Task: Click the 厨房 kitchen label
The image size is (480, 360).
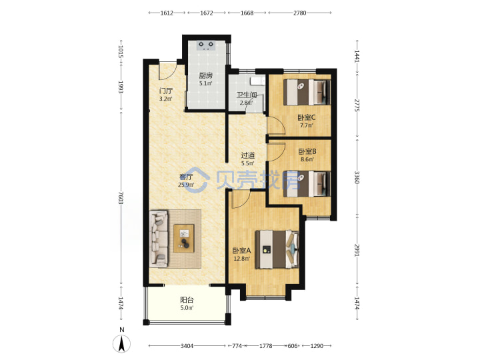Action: coord(206,75)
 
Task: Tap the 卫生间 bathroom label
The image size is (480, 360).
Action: coord(246,95)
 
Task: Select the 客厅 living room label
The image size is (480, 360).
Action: coord(186,177)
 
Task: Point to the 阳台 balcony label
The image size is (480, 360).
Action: coord(187,300)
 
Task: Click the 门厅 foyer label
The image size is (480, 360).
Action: coord(165,91)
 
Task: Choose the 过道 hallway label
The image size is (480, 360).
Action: coord(247,155)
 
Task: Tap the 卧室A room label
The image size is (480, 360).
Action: coord(241,251)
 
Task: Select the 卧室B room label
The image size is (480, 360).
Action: coord(307,151)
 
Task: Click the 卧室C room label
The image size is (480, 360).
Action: coord(307,117)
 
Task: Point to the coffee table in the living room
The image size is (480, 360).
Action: coord(184,239)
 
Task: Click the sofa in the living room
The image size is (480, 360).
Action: coord(159,238)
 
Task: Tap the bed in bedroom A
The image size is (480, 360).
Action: coord(277,249)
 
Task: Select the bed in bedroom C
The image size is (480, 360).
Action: coord(307,92)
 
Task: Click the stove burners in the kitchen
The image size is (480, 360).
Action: coord(206,45)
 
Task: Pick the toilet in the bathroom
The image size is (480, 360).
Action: coord(257,81)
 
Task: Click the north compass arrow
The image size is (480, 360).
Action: coord(122,343)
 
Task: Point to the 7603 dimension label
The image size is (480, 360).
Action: coord(121,199)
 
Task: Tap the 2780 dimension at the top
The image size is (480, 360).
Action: coord(300,13)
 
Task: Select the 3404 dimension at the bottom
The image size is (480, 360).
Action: coord(187,346)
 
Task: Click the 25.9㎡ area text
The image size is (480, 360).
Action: coord(186,185)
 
